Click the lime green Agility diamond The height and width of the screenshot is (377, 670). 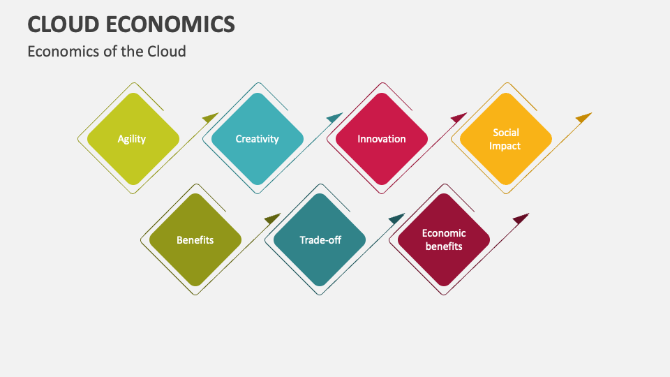click(x=133, y=139)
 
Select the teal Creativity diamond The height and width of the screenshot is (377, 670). click(x=258, y=139)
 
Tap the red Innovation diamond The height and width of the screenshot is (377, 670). click(x=382, y=139)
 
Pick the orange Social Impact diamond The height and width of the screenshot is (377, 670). click(x=506, y=139)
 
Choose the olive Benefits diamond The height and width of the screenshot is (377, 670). click(x=195, y=239)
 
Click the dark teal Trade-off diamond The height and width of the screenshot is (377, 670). click(x=320, y=239)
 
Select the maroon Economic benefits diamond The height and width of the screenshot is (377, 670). click(x=444, y=239)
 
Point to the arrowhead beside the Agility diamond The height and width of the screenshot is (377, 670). click(x=211, y=117)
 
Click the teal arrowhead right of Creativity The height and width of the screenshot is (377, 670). click(x=335, y=117)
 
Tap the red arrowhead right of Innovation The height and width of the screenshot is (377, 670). click(x=459, y=117)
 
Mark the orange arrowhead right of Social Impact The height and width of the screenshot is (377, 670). click(x=583, y=117)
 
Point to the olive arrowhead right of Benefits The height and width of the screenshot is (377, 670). click(x=273, y=219)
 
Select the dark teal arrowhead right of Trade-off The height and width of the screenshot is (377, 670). click(x=397, y=219)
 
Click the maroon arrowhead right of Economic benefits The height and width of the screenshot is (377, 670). click(x=521, y=219)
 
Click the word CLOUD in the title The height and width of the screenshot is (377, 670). click(x=64, y=24)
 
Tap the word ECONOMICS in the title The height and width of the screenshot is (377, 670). click(x=170, y=24)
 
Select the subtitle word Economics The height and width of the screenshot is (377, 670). click(x=64, y=51)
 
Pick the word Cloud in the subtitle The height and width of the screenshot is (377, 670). click(x=167, y=51)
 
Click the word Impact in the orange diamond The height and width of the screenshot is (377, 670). click(x=505, y=146)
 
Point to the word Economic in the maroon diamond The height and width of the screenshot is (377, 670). click(x=444, y=233)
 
